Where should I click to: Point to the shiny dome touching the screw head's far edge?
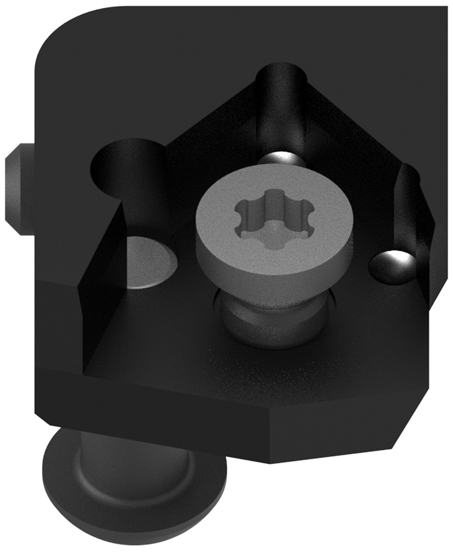point(280,159)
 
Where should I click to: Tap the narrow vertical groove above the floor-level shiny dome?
point(408,204)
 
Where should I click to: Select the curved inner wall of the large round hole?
point(136,181)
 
